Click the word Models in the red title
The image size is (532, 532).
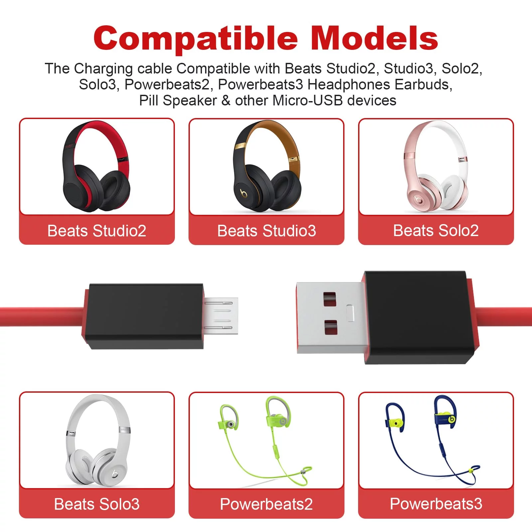(374, 38)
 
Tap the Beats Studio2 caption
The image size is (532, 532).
(97, 231)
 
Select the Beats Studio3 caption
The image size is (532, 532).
(266, 231)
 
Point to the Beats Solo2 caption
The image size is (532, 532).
(436, 230)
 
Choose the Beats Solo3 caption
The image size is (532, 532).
(97, 504)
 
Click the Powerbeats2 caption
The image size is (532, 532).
(266, 504)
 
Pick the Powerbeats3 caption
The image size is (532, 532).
(436, 504)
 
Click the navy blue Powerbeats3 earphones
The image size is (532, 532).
(432, 439)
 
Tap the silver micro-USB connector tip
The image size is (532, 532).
(221, 316)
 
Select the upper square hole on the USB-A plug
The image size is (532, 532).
(330, 299)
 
